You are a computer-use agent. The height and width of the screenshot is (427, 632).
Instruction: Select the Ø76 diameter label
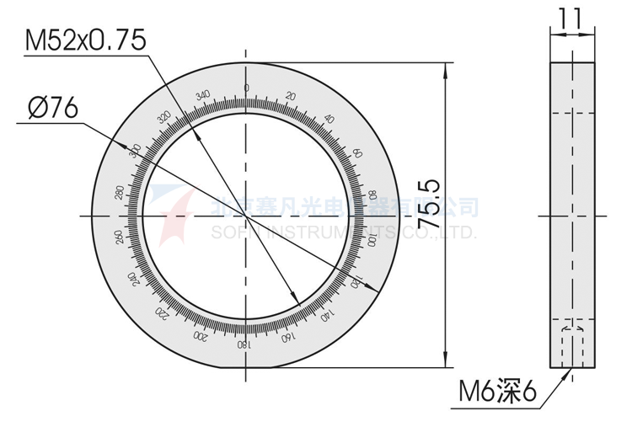pos(52,108)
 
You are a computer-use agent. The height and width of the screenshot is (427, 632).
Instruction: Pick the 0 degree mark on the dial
pos(246,88)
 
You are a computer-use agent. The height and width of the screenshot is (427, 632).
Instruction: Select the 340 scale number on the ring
pos(202,94)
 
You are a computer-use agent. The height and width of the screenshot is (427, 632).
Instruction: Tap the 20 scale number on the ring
pos(291,96)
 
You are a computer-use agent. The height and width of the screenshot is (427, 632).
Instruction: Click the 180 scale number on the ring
pos(244,345)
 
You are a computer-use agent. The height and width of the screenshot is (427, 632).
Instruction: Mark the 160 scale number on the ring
pos(287,339)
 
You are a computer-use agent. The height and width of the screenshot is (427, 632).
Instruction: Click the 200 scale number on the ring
pos(200,336)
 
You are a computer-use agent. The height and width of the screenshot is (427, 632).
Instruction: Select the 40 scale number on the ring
pos(329,119)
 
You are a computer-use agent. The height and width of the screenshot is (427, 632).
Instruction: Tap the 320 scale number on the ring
pos(163,117)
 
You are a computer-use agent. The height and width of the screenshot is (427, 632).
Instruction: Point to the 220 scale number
pos(161,313)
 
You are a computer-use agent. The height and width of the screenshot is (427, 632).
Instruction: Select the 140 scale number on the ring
pos(325,317)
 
